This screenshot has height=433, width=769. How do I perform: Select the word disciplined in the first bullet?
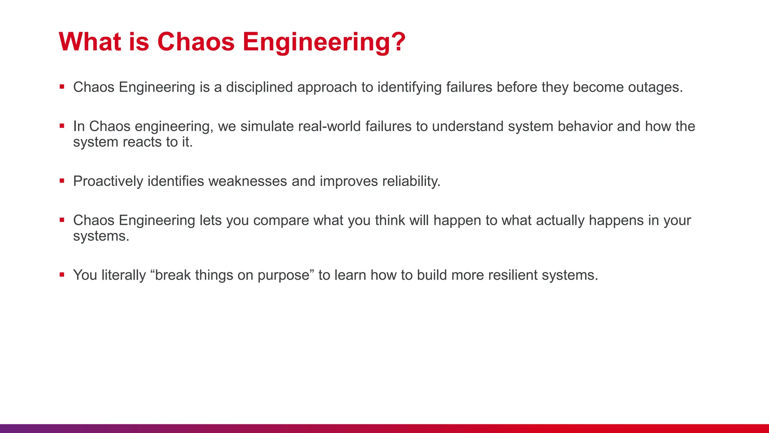(259, 87)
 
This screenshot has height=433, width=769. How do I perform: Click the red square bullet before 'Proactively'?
(62, 181)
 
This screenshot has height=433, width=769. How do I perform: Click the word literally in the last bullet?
(124, 275)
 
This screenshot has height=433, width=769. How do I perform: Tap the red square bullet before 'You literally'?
(62, 275)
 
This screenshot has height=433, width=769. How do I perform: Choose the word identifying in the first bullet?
(409, 87)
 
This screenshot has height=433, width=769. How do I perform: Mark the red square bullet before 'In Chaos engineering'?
(62, 126)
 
